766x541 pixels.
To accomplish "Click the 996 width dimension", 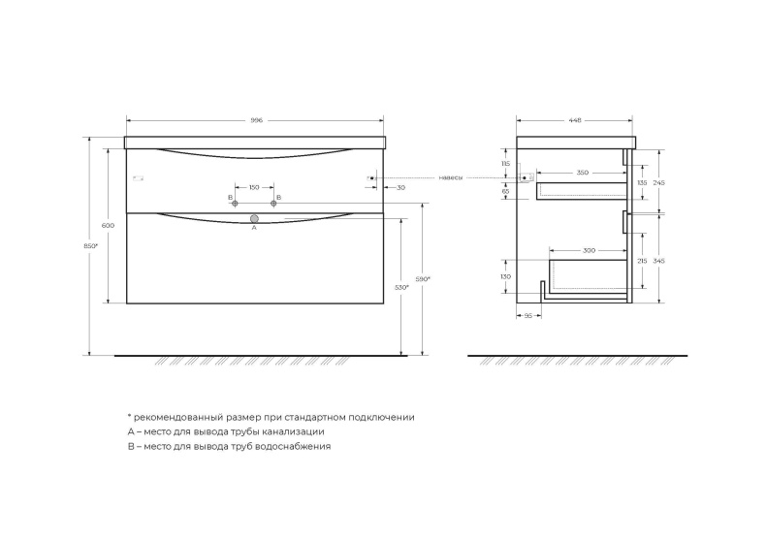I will click(257, 120).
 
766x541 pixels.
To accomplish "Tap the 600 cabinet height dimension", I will click(108, 225).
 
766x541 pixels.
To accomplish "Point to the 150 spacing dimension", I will click(254, 187).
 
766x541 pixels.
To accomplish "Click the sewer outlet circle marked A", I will click(254, 219).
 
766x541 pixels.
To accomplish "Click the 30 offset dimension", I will click(401, 187).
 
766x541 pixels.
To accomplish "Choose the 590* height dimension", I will click(423, 279).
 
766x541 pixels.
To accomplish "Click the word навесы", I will click(450, 178).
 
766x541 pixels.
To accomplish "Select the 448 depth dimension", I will click(574, 120).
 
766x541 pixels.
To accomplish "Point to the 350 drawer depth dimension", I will click(582, 173).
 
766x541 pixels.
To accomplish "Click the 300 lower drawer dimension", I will click(589, 250).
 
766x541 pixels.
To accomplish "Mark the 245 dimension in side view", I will click(658, 182).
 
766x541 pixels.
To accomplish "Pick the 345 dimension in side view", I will click(658, 260).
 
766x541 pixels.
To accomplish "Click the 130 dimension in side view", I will click(506, 276).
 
